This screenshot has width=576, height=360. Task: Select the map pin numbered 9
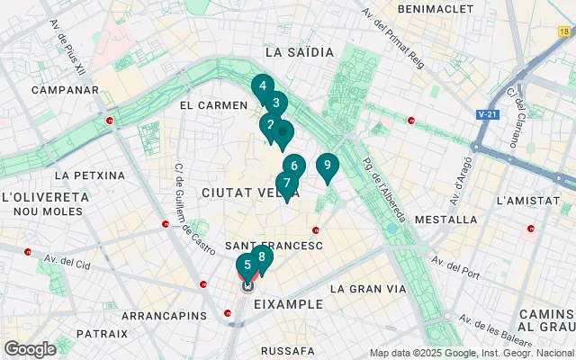coord(327,166)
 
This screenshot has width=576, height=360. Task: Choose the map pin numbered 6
coord(294,166)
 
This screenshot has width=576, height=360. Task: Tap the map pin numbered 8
coord(262,257)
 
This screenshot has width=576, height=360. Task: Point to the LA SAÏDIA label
coord(300,53)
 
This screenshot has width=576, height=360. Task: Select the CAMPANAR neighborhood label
coord(64,90)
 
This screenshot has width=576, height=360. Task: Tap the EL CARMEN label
coord(213,105)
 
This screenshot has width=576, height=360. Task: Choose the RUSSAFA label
coord(287,350)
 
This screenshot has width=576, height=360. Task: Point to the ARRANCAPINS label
coord(158,317)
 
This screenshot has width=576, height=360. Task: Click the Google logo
coord(30,348)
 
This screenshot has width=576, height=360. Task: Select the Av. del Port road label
coord(458,264)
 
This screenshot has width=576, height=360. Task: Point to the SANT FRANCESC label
coord(273,245)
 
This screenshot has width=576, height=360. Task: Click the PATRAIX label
coord(103,333)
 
